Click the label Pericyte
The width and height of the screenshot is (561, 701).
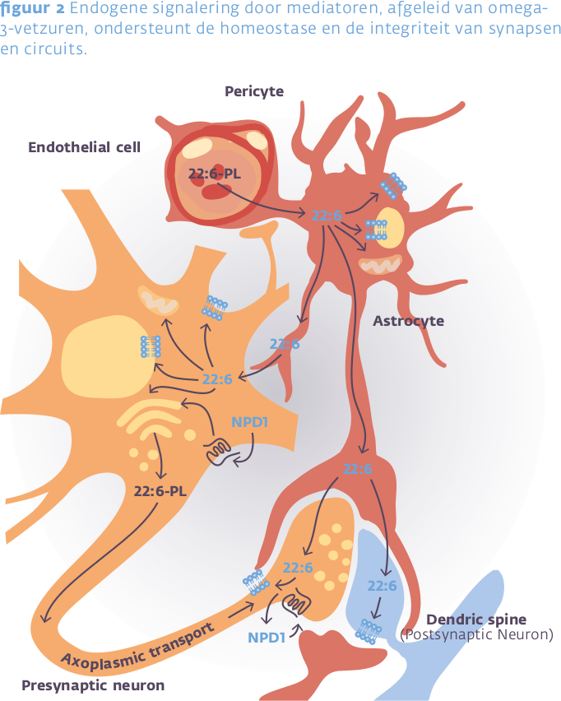click(254, 91)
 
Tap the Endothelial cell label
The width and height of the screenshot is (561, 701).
click(85, 147)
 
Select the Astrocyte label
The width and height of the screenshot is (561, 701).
click(408, 321)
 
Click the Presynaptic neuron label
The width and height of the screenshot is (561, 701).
click(93, 685)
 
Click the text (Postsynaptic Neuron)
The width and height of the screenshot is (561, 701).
click(476, 634)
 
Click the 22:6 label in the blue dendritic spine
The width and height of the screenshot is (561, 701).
click(382, 586)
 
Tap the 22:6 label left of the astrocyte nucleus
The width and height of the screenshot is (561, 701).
click(326, 216)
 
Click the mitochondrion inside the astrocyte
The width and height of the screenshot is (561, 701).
click(380, 265)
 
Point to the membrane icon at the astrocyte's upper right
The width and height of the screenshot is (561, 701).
click(394, 185)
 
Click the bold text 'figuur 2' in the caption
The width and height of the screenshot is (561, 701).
click(29, 9)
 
